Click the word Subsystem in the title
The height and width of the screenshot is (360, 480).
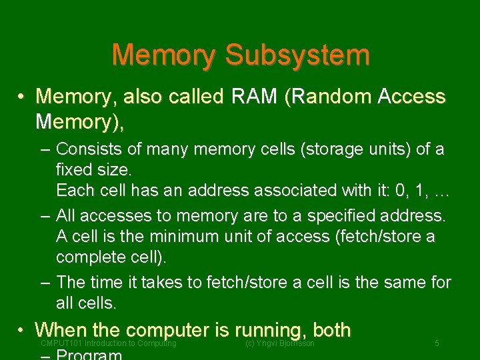pos(297,55)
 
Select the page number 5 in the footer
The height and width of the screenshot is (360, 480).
pos(437,343)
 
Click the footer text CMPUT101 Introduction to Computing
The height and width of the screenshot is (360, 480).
pos(109,343)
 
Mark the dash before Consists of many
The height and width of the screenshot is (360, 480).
pos(44,149)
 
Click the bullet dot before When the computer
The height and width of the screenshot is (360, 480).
pos(22,329)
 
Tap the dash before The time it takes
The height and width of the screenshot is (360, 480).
pos(44,283)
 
